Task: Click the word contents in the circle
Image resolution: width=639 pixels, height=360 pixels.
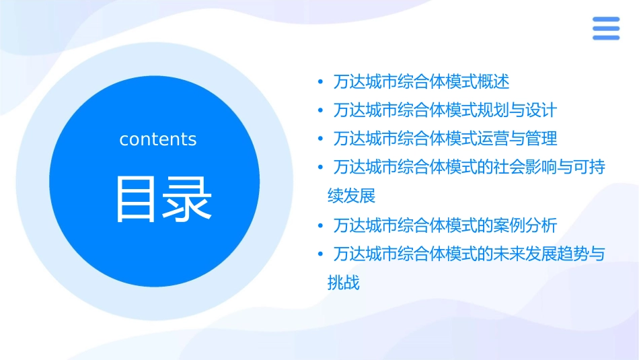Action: pos(158,139)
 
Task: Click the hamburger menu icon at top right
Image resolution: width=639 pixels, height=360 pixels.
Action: pos(605,29)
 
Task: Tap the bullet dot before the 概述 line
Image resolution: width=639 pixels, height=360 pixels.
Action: pos(322,82)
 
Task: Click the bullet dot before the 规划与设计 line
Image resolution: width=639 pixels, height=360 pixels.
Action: pos(322,110)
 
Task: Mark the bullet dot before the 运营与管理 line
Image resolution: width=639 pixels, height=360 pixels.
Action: pos(322,139)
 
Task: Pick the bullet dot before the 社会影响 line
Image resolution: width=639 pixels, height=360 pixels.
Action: pos(322,168)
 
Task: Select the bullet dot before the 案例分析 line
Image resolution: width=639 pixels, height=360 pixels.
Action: pos(322,225)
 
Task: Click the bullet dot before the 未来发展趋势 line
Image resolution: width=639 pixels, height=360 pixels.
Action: pos(322,254)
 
